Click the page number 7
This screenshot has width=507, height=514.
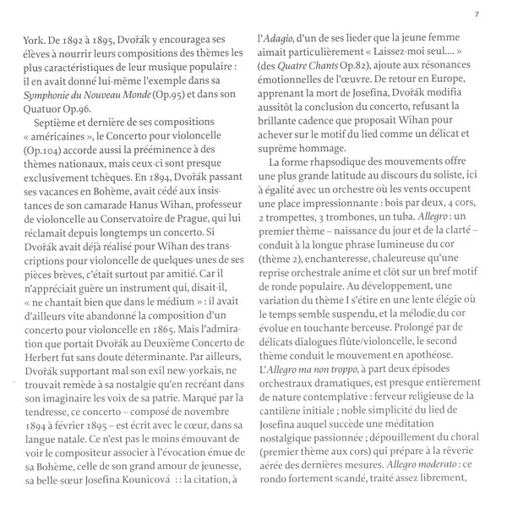[x=477, y=13]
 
